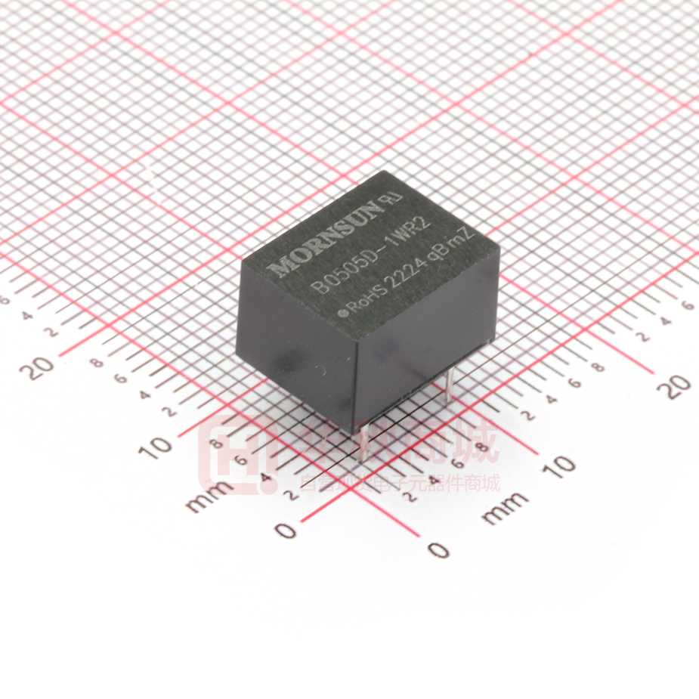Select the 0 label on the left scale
(x=286, y=530)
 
